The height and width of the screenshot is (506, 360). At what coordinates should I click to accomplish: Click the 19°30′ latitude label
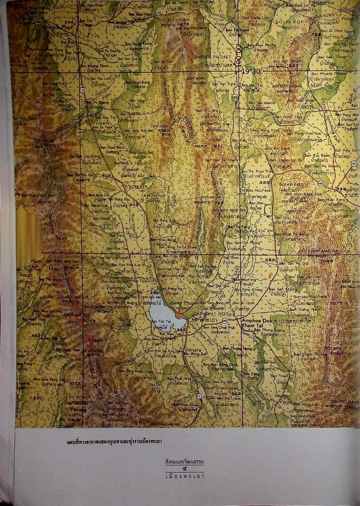coord(251,72)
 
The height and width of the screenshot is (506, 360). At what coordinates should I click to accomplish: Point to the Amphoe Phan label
coord(56,28)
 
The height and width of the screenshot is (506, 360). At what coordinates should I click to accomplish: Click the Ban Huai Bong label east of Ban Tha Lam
coord(136,82)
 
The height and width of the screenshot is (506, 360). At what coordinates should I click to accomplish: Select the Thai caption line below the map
coord(114,441)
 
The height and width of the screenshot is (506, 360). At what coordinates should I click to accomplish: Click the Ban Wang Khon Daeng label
coord(273,130)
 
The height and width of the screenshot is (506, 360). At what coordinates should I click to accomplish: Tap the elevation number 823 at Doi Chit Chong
coord(294,66)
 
